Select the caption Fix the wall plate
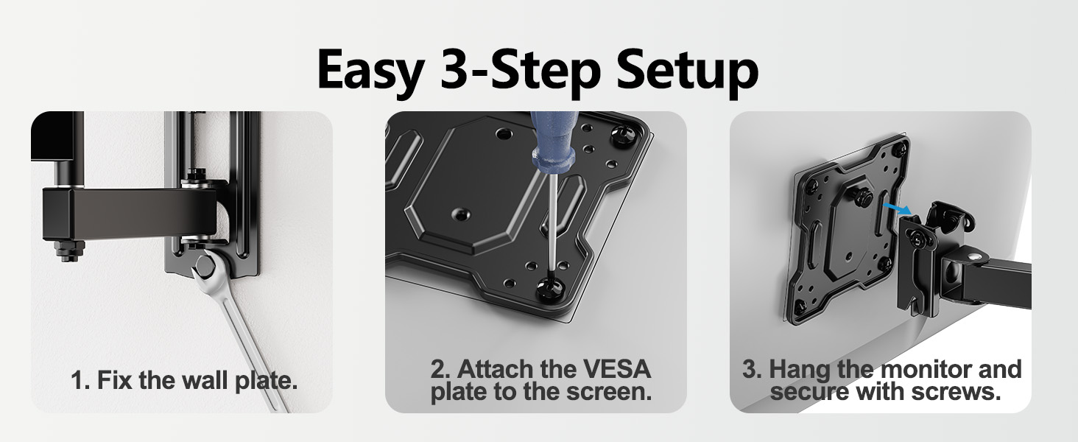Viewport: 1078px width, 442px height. point(184,382)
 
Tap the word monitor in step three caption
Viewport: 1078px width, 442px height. point(931,369)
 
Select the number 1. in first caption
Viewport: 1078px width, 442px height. point(80,382)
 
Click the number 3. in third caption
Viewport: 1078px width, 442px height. point(753,369)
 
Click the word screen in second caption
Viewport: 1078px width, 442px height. point(607,391)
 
